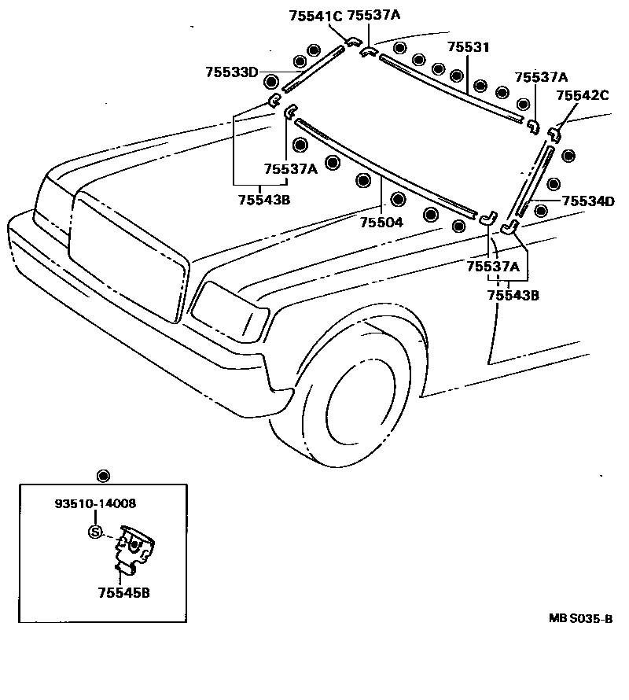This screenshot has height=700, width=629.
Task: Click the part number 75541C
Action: (x=315, y=15)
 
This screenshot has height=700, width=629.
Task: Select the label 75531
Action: (x=468, y=48)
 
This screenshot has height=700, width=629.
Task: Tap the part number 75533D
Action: (x=232, y=72)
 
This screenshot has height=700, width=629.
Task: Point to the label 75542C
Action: (x=583, y=95)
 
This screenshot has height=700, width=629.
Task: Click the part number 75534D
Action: (x=587, y=201)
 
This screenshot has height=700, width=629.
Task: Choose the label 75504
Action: (x=381, y=223)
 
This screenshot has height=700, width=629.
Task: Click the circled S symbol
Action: (x=96, y=532)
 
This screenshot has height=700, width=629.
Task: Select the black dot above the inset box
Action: (x=101, y=476)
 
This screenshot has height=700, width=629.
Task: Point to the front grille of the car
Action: (x=130, y=252)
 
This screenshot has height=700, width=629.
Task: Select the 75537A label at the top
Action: (x=373, y=15)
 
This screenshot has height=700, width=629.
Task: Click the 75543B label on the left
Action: (x=264, y=200)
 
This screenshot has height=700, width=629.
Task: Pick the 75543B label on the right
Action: (x=513, y=295)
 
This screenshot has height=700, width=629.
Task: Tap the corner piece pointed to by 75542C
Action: (x=554, y=130)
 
